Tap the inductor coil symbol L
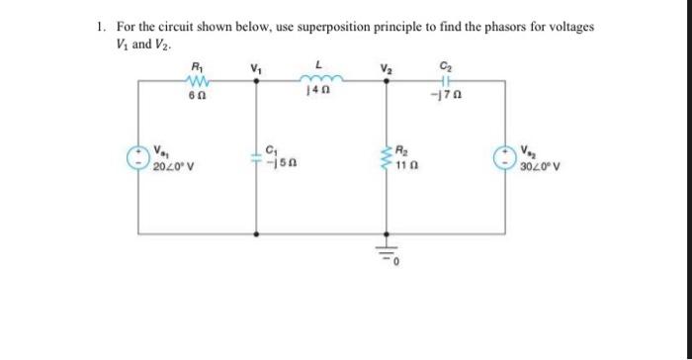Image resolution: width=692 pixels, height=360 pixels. (318, 79)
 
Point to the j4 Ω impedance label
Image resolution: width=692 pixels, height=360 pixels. (318, 94)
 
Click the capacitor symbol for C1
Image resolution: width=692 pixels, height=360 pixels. (258, 159)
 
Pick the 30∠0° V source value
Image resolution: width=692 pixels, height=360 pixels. (542, 164)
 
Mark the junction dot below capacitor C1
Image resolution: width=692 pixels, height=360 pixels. (258, 234)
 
